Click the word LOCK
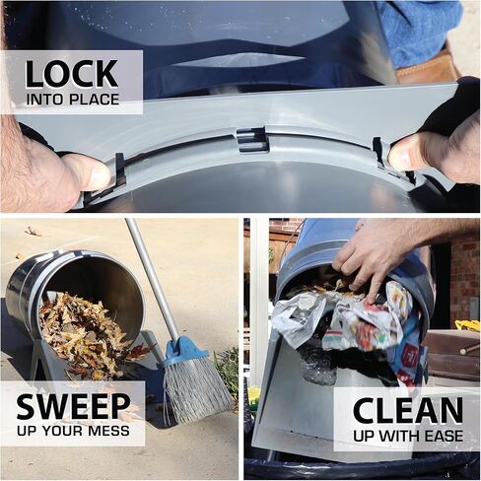click(x=71, y=74)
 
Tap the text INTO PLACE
click(x=73, y=100)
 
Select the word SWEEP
click(x=73, y=406)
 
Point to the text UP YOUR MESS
click(x=73, y=431)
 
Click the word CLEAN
click(x=408, y=411)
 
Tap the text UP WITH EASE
click(x=408, y=436)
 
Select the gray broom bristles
click(x=194, y=387)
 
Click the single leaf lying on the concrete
click(x=33, y=232)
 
